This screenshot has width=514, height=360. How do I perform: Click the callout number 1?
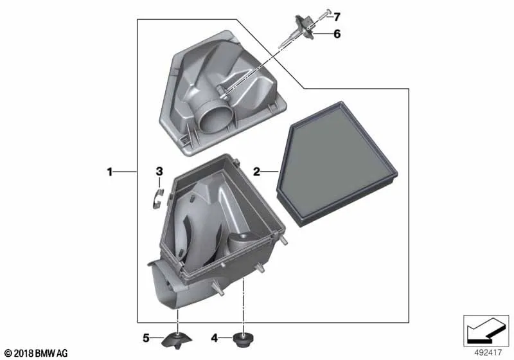[x=110, y=172]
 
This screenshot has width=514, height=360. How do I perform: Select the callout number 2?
[x=256, y=172]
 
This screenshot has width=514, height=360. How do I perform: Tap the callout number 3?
[x=159, y=171]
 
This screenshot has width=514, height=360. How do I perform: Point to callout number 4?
[x=215, y=337]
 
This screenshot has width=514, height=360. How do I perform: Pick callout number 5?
[x=146, y=337]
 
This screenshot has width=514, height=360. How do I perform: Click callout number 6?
[x=337, y=34]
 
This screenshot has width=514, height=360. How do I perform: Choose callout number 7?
[x=337, y=17]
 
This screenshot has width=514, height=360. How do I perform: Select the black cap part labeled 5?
[x=177, y=340]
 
